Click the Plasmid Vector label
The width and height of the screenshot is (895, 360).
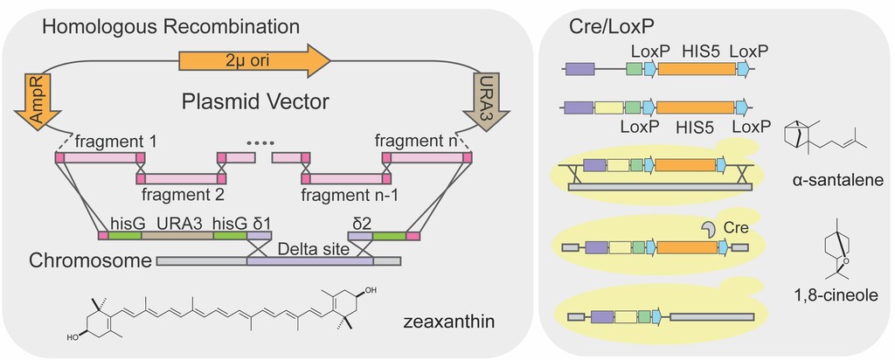(255, 101)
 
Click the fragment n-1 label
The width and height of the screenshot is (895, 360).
(349, 195)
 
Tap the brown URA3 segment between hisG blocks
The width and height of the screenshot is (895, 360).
(177, 235)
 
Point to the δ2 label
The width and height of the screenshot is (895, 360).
(362, 224)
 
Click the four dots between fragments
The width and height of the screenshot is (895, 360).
(260, 141)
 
